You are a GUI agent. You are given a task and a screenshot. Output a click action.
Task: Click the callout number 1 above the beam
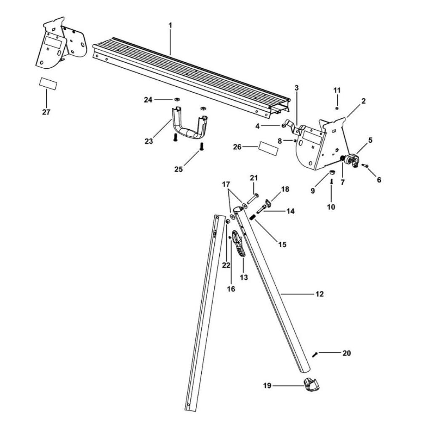click(170, 25)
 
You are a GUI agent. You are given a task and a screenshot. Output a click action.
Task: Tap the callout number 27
click(46, 112)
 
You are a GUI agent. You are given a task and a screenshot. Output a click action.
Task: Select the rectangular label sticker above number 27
click(48, 82)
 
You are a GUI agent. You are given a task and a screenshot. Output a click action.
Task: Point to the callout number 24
click(147, 100)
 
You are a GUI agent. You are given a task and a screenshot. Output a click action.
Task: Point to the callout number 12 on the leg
click(320, 294)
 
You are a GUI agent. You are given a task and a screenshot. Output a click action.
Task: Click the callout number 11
click(336, 90)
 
